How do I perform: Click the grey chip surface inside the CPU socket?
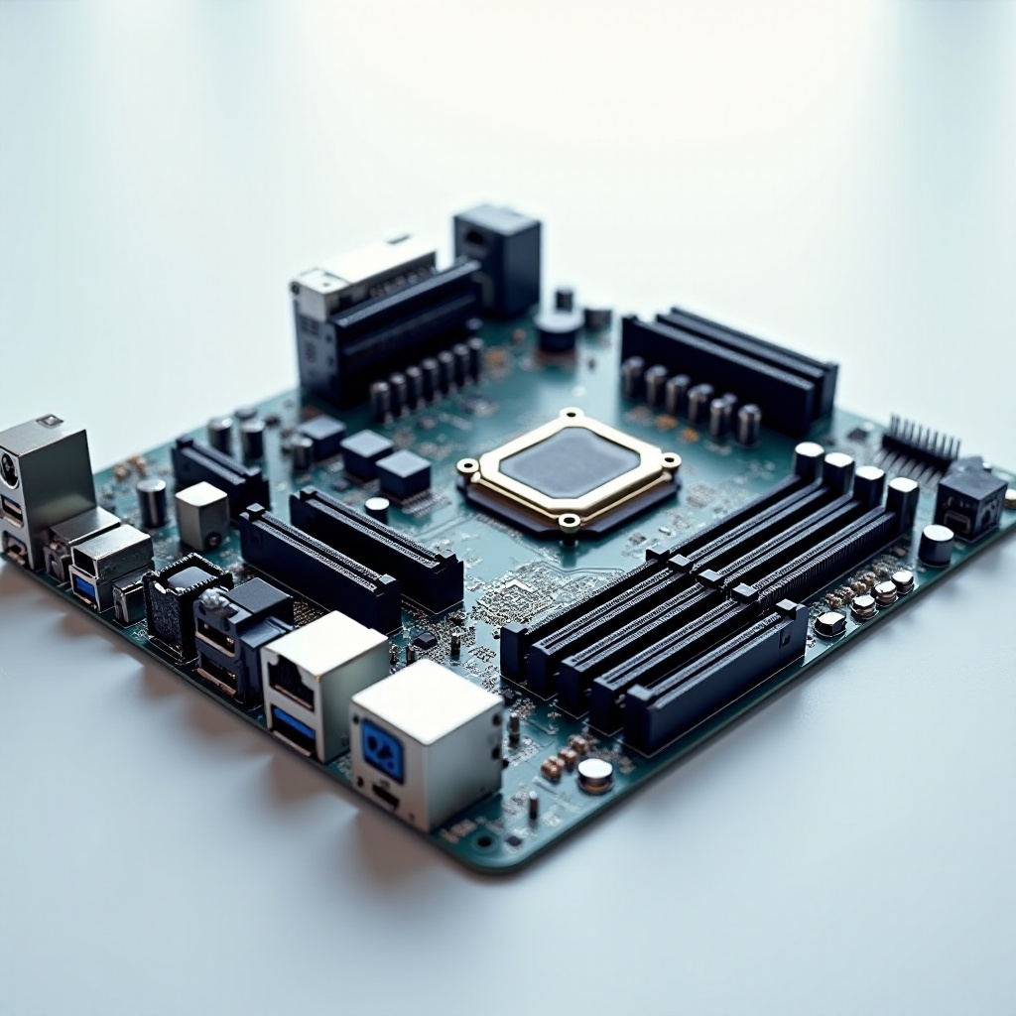tap(569, 463)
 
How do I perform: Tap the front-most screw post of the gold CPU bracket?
tap(569, 523)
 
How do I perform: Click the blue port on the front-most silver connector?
tap(382, 750)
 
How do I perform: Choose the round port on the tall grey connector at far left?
tap(8, 468)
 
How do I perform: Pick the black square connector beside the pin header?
tap(969, 499)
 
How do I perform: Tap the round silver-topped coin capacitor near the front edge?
tap(595, 774)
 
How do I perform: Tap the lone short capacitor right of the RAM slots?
tap(935, 545)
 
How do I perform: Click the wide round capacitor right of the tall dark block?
tap(559, 329)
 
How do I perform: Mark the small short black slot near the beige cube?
tap(219, 474)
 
